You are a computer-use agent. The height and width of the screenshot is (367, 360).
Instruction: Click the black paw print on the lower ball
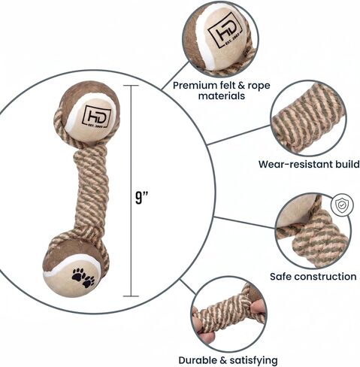83,278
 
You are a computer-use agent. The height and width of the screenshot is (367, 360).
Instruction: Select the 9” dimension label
141,198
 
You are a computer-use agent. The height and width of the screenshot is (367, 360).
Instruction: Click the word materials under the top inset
222,96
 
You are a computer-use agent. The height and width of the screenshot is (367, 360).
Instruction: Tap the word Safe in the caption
280,277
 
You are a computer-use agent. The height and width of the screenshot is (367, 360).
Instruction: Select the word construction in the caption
325,277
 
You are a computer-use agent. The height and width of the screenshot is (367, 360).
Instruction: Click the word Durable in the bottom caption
198,360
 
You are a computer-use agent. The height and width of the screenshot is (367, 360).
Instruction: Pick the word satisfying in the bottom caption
253,361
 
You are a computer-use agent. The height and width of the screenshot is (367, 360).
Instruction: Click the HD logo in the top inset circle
225,31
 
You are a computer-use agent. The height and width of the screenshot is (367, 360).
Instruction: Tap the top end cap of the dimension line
131,86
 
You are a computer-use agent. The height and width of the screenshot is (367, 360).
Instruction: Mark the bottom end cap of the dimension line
131,296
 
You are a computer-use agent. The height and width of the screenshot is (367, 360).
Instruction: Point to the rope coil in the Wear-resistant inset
307,118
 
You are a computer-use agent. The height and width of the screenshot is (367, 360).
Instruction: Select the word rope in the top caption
259,86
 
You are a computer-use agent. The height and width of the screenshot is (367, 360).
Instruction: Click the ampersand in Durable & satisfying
223,360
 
